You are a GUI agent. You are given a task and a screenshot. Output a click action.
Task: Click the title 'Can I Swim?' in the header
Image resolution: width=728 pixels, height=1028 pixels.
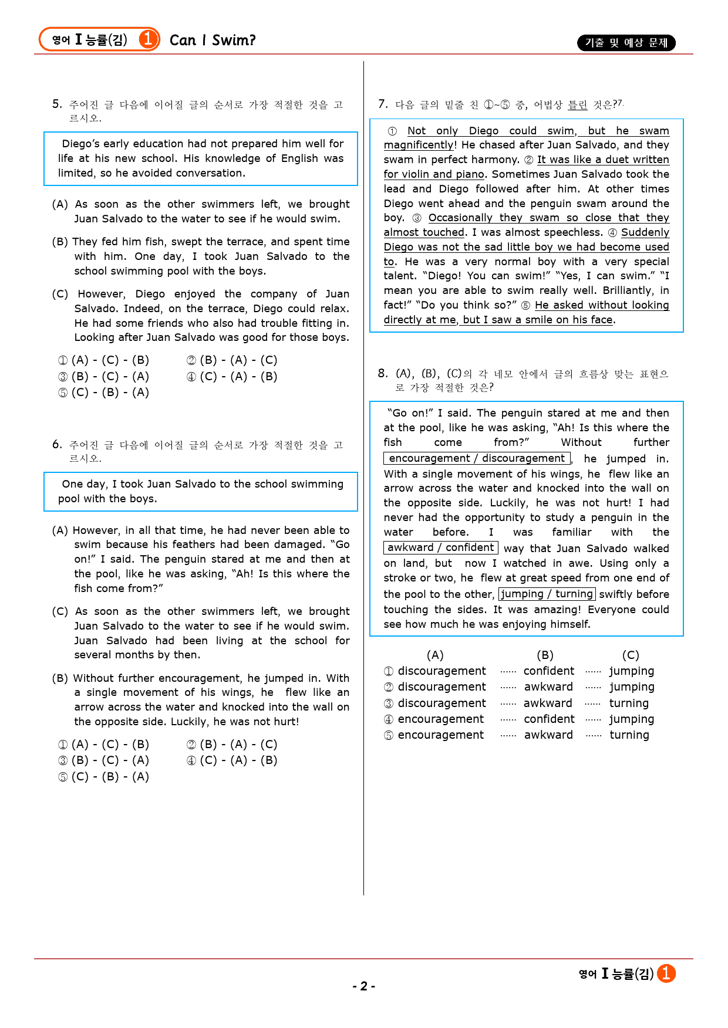tap(213, 40)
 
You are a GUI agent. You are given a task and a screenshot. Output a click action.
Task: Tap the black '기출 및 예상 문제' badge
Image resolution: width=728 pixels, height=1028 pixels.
tap(626, 43)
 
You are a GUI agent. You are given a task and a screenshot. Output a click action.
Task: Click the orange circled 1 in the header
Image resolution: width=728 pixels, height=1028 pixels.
tap(148, 39)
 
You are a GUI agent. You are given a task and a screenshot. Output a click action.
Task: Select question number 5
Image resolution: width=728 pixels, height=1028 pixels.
tap(57, 104)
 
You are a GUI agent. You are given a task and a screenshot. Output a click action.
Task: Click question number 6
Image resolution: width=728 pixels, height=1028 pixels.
tap(57, 444)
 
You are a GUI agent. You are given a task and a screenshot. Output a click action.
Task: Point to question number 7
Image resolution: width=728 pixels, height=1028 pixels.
tap(383, 104)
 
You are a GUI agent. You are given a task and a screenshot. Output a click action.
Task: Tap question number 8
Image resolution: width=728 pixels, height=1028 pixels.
tap(383, 373)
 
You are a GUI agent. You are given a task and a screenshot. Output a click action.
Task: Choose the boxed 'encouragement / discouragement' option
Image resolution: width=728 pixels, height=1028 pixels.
tap(477, 458)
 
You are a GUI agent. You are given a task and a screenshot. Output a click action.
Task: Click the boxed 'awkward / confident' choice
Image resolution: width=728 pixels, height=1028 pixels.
tap(440, 547)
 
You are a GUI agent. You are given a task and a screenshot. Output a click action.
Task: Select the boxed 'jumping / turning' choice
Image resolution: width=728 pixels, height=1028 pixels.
tap(547, 594)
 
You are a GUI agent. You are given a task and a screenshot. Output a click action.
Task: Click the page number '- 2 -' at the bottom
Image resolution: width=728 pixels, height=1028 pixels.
tap(364, 986)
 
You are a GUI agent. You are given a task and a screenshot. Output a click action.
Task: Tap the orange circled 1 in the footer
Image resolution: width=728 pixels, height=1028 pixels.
tap(666, 973)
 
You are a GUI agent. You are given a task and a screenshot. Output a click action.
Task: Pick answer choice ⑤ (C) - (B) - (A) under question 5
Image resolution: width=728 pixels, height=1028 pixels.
tap(103, 393)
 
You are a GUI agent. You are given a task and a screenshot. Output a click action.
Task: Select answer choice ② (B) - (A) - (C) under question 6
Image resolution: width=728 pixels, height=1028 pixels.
tap(232, 745)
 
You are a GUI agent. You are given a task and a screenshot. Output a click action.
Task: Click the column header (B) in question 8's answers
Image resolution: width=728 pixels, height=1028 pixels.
tap(545, 655)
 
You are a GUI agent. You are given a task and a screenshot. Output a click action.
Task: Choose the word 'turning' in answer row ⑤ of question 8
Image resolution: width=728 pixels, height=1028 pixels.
tap(629, 735)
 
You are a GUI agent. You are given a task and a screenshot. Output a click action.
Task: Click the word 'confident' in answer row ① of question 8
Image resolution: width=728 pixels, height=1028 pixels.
tap(549, 671)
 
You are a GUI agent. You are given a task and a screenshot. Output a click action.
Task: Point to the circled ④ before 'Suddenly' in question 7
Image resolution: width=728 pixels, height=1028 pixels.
tap(612, 232)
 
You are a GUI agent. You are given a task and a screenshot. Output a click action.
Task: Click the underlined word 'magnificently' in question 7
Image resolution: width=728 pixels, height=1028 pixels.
tap(419, 145)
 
